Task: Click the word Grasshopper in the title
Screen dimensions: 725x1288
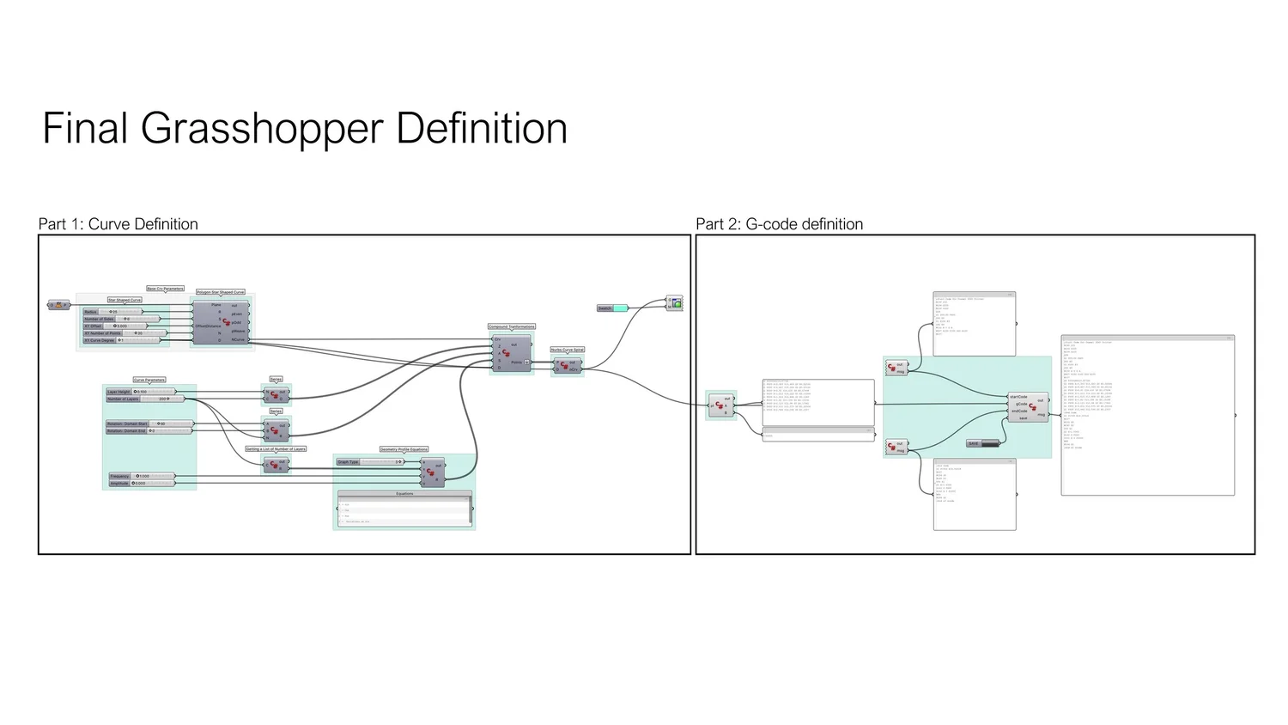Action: pos(263,129)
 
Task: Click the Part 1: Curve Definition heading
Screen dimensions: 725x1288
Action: pos(118,224)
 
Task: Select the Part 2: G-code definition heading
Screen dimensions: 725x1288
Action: pos(779,224)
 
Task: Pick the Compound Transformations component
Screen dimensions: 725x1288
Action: pos(511,352)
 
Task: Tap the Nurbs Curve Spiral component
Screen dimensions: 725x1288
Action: pos(567,366)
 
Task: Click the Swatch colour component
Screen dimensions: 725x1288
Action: pos(612,308)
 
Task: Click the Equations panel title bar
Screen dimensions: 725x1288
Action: pos(404,494)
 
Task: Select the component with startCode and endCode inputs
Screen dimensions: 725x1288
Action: pos(1028,406)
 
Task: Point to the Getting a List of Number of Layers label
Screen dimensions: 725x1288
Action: pos(276,449)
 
